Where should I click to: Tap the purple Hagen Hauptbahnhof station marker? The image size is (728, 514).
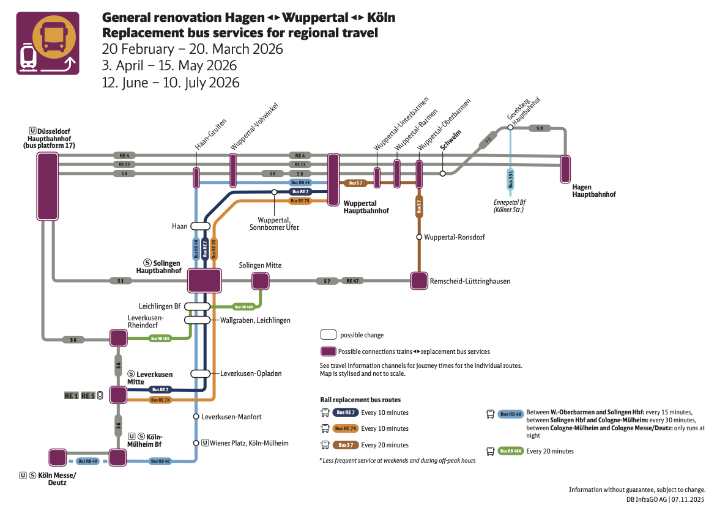(x=565, y=169)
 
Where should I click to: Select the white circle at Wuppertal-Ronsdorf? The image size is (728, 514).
(x=419, y=237)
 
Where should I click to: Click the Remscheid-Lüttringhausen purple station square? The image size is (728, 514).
(x=419, y=281)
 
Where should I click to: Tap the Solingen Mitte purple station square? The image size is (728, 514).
(x=261, y=281)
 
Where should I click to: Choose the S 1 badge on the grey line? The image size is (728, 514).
(x=121, y=281)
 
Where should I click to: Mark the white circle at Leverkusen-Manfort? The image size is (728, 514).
(x=196, y=416)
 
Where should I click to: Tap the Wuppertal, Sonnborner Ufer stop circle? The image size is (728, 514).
(x=275, y=192)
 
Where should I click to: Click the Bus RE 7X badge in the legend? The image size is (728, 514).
(x=346, y=428)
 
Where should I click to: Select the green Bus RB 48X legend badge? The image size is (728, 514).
(x=511, y=451)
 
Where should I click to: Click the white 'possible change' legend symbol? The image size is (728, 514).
(x=329, y=335)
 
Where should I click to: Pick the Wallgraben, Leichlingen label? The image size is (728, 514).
(x=255, y=320)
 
